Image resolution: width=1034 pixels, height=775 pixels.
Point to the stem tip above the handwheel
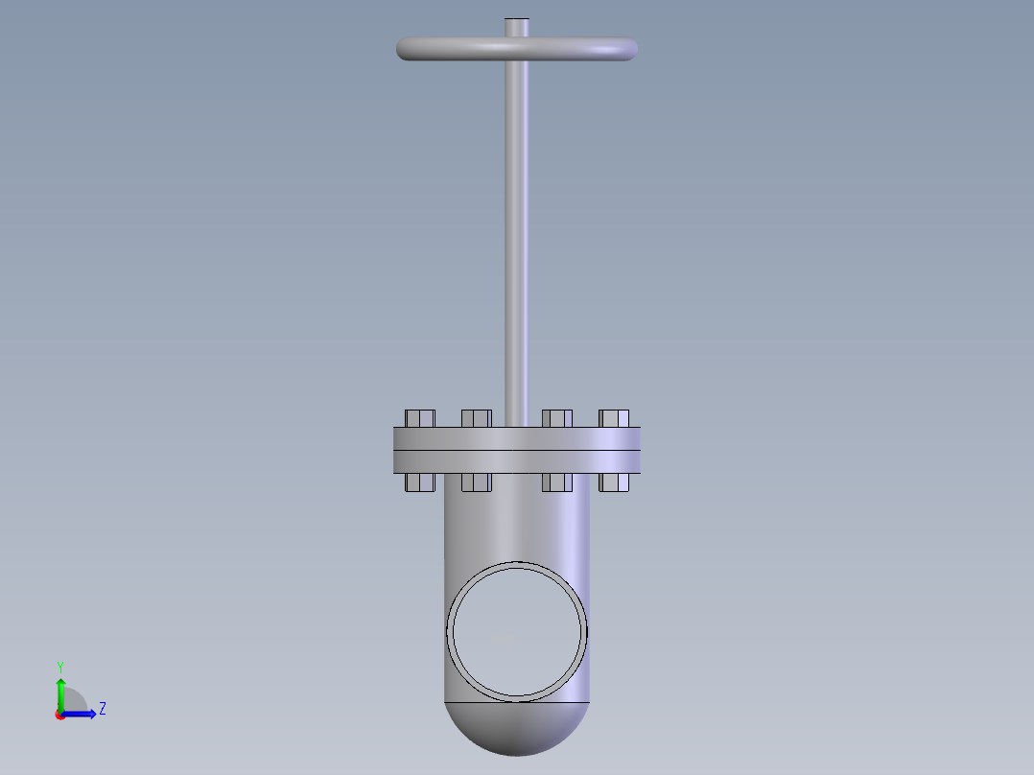pos(517,26)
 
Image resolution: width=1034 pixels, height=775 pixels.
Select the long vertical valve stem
pos(517,240)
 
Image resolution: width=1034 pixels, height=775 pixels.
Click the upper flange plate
pos(516,438)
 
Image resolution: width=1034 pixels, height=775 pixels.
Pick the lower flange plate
pos(516,461)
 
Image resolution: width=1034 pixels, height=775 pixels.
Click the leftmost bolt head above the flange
pos(420,418)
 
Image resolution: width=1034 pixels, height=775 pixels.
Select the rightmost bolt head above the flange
pos(614,418)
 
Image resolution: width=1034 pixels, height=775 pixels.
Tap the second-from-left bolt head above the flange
pos(476,418)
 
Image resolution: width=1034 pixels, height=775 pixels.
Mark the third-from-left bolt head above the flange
pos(557,418)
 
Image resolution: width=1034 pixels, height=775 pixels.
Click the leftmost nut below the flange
pos(420,482)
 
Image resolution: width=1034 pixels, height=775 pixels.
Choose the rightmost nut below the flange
pos(614,482)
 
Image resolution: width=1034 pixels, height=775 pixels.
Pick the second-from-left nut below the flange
pos(476,482)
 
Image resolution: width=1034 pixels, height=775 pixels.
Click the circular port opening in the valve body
pos(518,630)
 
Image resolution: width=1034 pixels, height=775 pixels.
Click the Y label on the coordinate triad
pos(60,667)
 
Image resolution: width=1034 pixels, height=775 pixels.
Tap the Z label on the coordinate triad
pos(102,709)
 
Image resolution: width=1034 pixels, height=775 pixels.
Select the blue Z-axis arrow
pos(82,714)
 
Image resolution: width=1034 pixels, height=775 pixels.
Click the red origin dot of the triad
pos(60,715)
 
